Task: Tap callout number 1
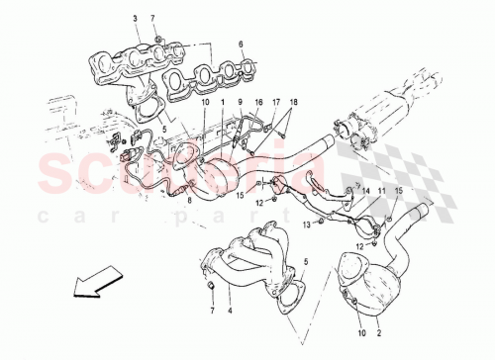point(224,101)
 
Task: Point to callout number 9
point(239,101)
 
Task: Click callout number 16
point(258,101)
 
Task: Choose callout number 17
point(278,101)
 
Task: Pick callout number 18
point(292,101)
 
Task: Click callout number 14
point(365,189)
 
